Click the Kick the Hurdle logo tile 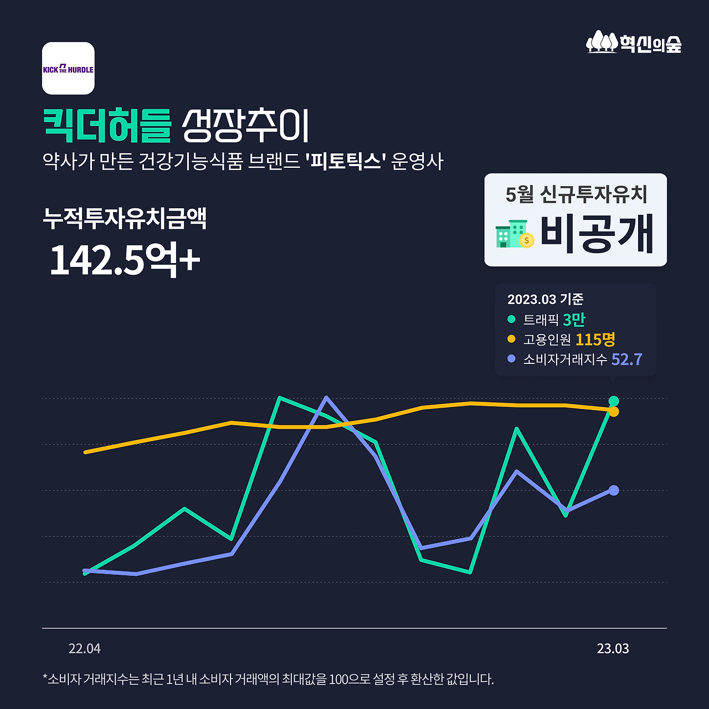pos(68,69)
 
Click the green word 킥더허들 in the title pos(107,126)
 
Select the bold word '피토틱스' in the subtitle pos(345,162)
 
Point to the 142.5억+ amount pos(125,260)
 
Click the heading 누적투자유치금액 pos(125,218)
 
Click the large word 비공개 pos(597,234)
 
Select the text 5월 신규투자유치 pos(576,194)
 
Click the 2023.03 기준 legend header pos(545,300)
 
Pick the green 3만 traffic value pos(574,320)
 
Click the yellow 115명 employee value pos(595,339)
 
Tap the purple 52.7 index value pos(626,359)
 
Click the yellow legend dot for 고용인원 pos(511,339)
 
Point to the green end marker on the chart pos(614,401)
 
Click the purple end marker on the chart pos(614,490)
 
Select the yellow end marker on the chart pos(614,412)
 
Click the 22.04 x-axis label pos(85,649)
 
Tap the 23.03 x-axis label pos(613,649)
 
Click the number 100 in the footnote pos(338,679)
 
